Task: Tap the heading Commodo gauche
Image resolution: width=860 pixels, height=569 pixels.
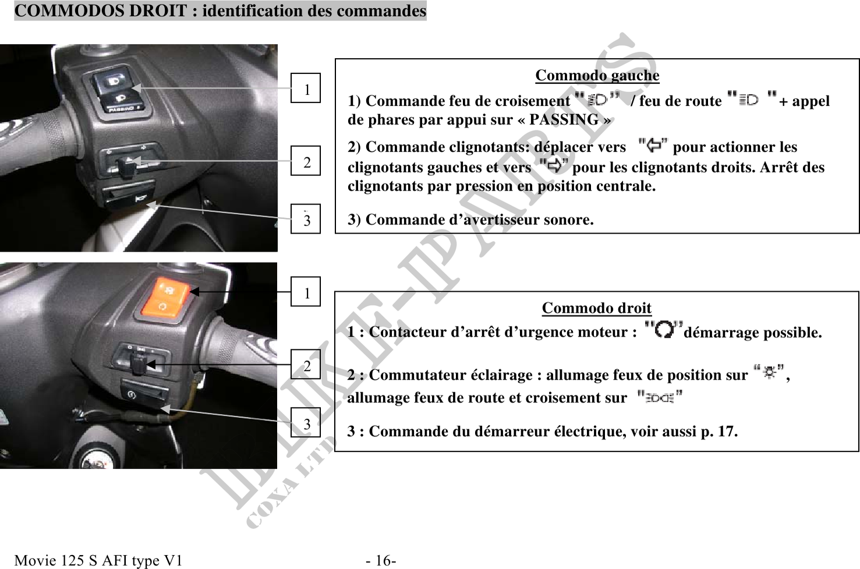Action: (x=597, y=75)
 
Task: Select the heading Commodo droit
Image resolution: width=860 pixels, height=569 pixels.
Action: (x=597, y=308)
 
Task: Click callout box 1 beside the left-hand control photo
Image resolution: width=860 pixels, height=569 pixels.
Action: (x=306, y=88)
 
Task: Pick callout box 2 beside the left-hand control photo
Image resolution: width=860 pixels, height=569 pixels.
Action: (x=306, y=161)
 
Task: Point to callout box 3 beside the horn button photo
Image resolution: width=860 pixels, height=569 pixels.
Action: (x=306, y=219)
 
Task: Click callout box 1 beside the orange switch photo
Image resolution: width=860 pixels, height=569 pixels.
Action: (x=306, y=291)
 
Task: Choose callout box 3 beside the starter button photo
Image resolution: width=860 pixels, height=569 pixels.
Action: (x=306, y=422)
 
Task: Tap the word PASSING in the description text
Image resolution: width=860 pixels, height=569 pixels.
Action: (x=564, y=120)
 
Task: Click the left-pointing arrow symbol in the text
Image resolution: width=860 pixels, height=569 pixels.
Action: (x=653, y=146)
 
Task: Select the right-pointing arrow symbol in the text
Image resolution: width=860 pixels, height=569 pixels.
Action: (x=554, y=165)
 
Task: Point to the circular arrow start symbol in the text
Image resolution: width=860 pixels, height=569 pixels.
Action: (x=664, y=330)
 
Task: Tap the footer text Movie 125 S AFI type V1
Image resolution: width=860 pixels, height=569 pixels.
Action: (x=98, y=560)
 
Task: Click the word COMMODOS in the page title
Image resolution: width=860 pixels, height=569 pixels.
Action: (x=69, y=10)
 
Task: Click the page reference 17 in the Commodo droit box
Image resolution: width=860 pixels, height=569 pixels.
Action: (x=726, y=431)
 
